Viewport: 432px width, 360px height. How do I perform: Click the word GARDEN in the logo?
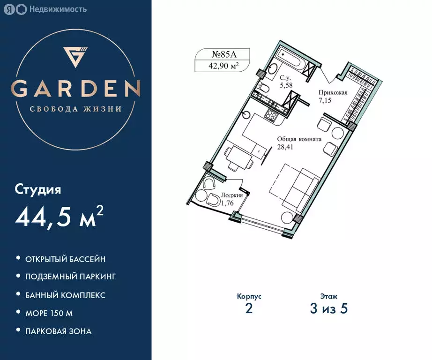(x=76, y=88)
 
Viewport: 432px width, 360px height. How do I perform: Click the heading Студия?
(x=38, y=190)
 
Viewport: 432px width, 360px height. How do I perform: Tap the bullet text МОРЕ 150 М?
(x=49, y=313)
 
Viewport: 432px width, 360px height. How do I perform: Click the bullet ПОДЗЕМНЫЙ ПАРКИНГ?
(x=70, y=277)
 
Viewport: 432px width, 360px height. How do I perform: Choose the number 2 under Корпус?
(x=249, y=309)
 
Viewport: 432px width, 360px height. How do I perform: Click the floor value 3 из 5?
(x=328, y=309)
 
